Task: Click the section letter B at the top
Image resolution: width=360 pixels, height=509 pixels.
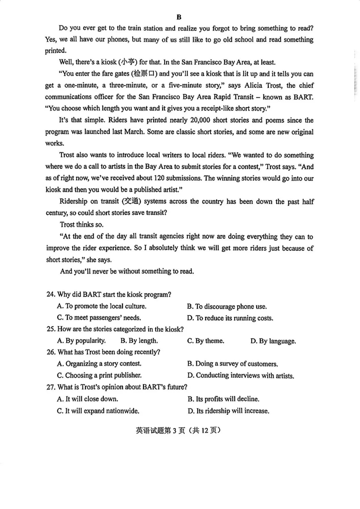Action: coord(179,17)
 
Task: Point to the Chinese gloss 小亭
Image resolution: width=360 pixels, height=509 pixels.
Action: coord(128,62)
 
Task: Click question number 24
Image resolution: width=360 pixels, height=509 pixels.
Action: coord(51,294)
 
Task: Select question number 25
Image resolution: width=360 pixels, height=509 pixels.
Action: coord(51,329)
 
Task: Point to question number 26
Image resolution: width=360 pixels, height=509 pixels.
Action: coord(51,352)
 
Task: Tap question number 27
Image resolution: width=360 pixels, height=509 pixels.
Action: coord(51,387)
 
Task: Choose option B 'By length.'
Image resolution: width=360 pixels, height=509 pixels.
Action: coord(139,340)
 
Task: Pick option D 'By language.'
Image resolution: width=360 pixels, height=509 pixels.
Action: coord(273,341)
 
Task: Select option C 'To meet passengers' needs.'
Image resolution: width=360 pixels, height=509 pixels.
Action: coord(99,318)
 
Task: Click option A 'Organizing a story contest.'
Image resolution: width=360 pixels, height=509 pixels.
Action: coord(99,363)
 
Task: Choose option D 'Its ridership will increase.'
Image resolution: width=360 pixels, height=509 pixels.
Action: coord(228,411)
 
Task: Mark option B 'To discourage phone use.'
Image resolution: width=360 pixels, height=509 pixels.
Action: coord(227,306)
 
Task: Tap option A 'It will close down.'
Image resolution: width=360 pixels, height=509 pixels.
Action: coord(88,399)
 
